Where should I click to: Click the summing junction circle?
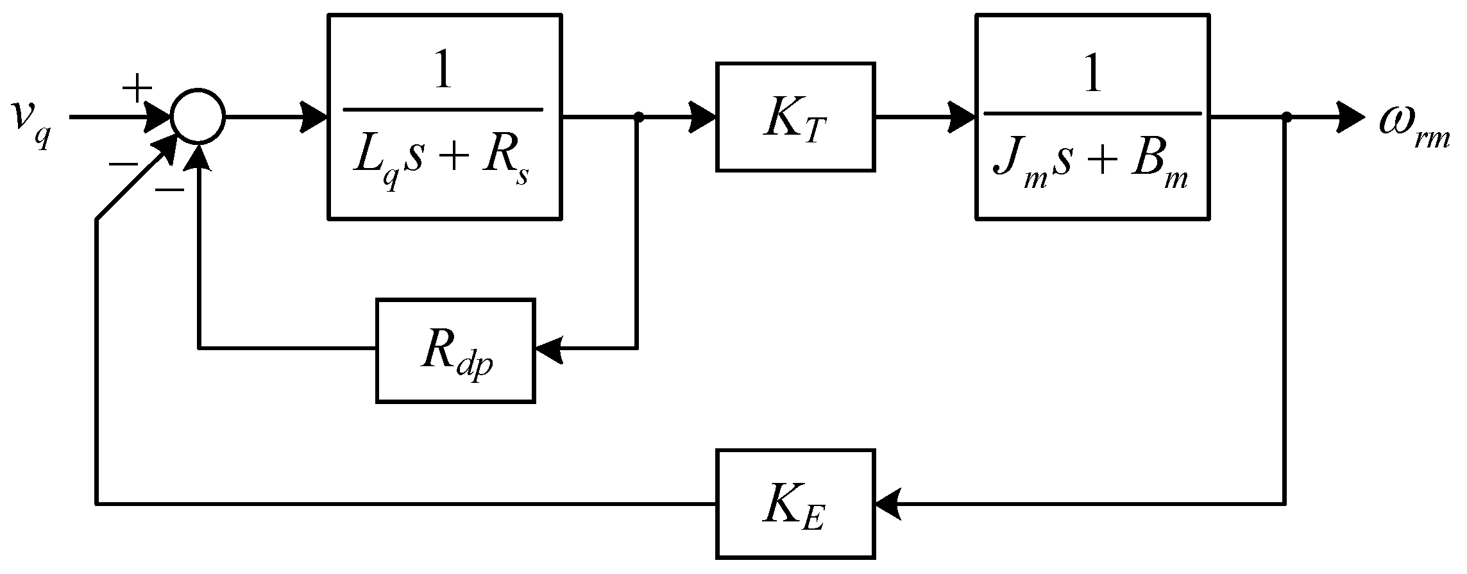[x=198, y=118]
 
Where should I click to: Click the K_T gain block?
[x=795, y=117]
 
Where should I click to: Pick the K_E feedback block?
[x=795, y=504]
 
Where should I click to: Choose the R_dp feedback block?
[x=455, y=351]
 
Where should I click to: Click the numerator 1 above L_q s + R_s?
[x=443, y=72]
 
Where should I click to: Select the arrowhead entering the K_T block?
[x=703, y=118]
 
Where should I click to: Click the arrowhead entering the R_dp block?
[x=549, y=350]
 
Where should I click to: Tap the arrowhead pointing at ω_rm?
[x=1351, y=118]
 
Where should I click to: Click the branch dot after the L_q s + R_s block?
[x=638, y=118]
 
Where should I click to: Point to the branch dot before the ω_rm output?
[x=1285, y=118]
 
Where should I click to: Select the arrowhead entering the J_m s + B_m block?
[x=962, y=118]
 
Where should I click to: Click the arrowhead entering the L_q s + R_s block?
[x=314, y=118]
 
